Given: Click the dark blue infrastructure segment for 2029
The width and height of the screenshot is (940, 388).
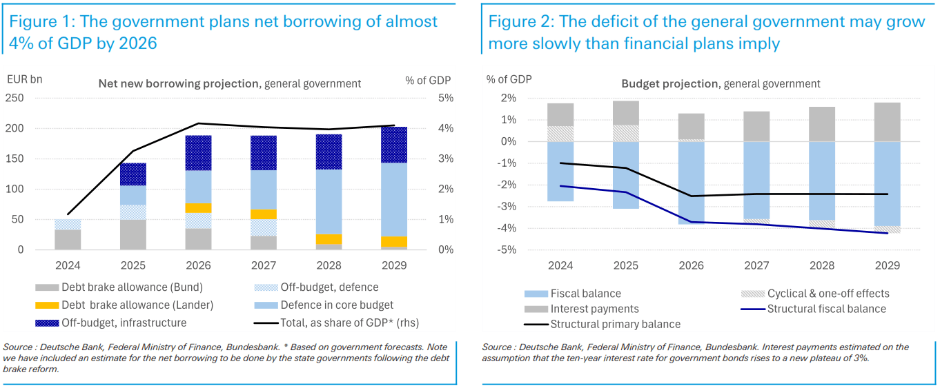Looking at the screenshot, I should (394, 145).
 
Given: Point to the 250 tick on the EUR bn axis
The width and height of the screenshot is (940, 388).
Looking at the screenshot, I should (15, 98).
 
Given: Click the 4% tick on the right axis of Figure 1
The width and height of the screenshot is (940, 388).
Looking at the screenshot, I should (446, 128).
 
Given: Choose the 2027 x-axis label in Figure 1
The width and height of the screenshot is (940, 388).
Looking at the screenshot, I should (263, 265).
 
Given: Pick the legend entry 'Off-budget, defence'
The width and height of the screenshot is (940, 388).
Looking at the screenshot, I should (328, 287).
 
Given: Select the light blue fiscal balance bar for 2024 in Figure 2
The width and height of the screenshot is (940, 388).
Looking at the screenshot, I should (561, 171).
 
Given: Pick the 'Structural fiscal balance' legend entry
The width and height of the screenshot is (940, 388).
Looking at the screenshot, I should (826, 309).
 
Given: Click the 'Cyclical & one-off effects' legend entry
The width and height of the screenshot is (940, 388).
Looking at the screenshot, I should (828, 294).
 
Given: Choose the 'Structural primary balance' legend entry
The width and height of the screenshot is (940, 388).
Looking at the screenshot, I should (615, 324).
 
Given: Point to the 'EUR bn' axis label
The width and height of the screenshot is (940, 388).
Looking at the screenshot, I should (24, 80).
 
